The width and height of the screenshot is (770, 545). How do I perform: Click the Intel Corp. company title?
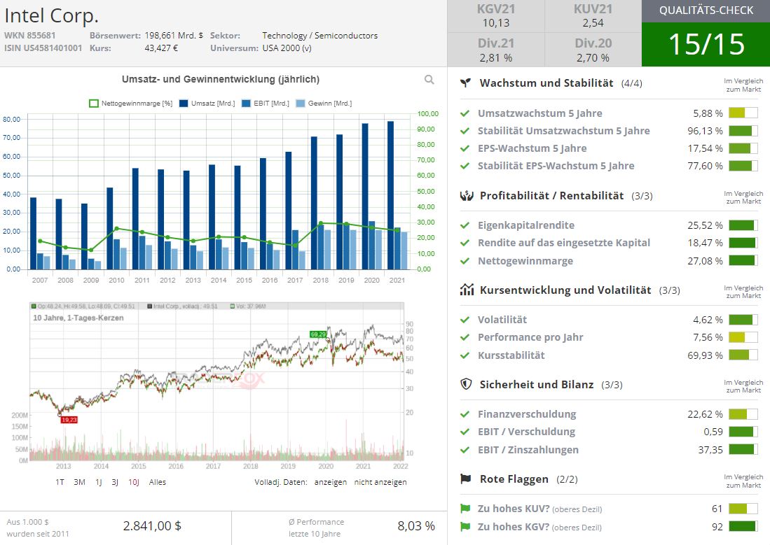pos(52,15)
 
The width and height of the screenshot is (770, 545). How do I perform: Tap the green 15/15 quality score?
pos(706,44)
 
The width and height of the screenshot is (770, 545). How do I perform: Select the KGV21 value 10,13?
pos(495,23)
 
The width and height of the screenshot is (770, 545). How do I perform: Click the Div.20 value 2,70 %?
pos(593,57)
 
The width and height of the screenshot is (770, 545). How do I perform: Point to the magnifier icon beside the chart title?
pos(429,80)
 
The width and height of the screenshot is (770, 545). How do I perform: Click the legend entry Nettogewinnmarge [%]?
pos(131,104)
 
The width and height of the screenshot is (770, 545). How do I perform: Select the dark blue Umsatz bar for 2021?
pos(390,194)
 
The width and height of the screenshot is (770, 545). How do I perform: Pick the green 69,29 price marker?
pos(318,334)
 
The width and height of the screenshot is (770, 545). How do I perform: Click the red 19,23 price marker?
pos(69,420)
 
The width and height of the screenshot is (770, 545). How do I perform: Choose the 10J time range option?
pos(133,482)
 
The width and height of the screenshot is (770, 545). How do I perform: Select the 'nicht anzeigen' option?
pos(380,482)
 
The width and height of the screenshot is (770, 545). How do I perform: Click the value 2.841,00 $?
pos(152,526)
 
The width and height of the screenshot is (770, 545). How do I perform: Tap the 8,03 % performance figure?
pos(416,526)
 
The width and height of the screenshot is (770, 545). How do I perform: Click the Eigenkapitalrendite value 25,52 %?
pos(705,225)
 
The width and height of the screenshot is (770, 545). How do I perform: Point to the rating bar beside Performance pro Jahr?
pos(743,337)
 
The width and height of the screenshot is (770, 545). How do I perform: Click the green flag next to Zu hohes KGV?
pos(465,527)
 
